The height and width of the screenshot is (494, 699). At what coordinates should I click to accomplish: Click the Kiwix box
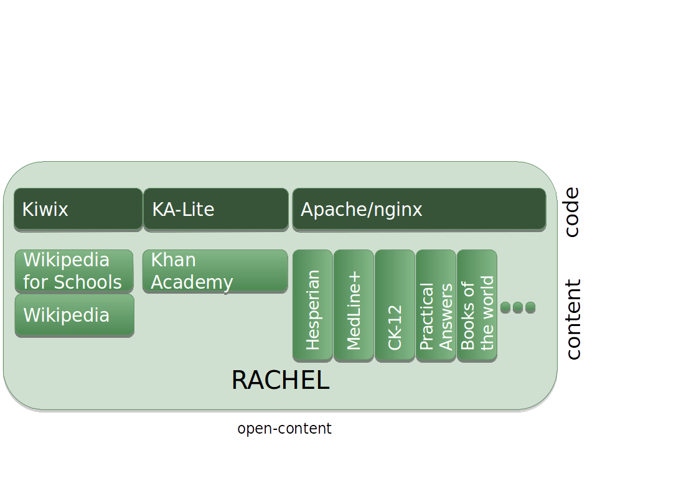click(78, 209)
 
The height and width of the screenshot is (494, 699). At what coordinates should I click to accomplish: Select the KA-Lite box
click(215, 209)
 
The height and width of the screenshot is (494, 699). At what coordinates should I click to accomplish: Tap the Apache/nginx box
click(419, 209)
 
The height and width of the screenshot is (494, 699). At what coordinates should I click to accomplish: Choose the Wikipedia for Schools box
click(73, 271)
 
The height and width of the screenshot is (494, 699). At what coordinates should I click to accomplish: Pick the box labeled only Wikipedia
click(74, 315)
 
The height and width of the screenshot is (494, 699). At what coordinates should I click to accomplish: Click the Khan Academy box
click(215, 271)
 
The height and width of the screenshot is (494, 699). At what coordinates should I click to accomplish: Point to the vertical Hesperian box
click(312, 305)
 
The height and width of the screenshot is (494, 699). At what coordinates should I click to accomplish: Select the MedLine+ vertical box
click(354, 305)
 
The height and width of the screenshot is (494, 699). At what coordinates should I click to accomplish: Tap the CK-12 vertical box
click(395, 305)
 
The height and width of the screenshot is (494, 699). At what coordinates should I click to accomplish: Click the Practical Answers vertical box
click(436, 305)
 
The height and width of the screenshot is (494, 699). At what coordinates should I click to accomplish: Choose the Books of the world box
click(477, 305)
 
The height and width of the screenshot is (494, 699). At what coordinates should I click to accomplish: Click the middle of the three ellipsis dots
click(518, 307)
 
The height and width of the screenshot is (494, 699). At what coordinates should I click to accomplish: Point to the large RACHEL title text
click(280, 380)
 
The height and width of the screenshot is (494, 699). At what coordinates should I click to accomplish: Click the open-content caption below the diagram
click(284, 429)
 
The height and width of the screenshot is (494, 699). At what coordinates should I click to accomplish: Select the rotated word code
click(571, 212)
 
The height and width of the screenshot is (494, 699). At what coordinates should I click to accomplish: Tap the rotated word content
click(572, 319)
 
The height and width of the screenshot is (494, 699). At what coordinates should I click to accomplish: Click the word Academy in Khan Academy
click(192, 282)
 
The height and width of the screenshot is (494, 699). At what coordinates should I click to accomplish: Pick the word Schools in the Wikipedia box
click(88, 282)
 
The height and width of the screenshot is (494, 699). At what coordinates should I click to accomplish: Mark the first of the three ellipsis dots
click(505, 307)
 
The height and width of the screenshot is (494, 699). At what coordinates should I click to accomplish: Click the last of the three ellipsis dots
click(530, 307)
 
